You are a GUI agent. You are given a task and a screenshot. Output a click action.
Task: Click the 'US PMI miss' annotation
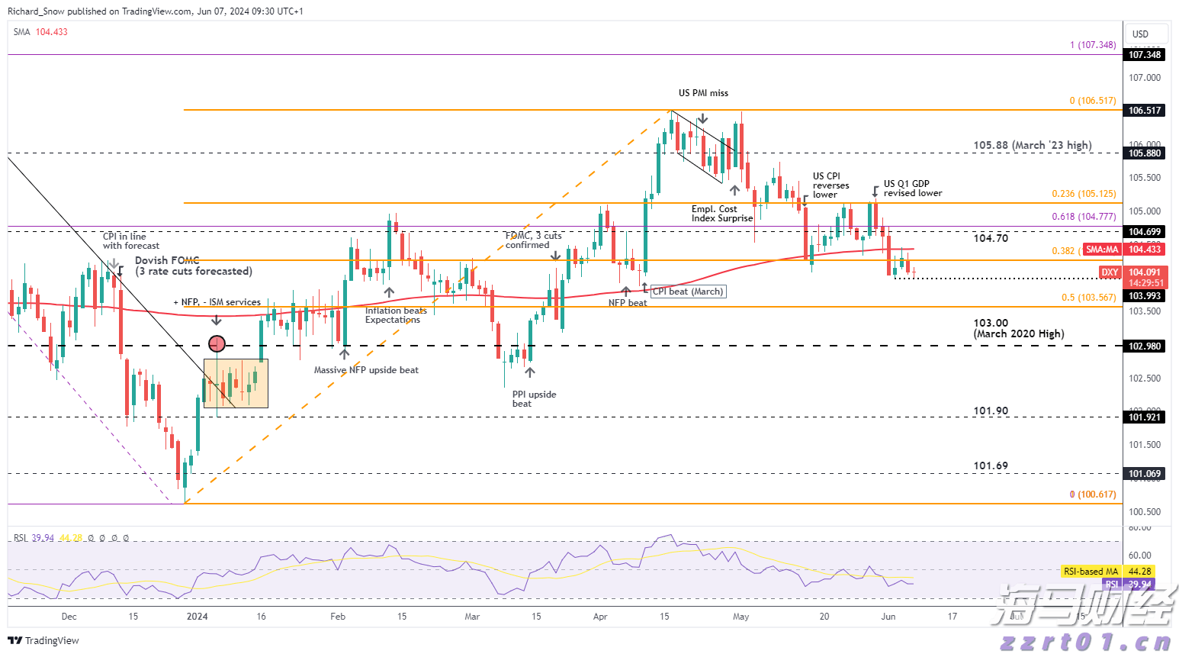(x=703, y=93)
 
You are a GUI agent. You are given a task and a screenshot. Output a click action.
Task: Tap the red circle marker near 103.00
(x=217, y=343)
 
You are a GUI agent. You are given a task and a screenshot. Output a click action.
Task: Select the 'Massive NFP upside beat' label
(x=366, y=370)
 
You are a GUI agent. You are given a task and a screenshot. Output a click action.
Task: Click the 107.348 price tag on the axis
(x=1145, y=55)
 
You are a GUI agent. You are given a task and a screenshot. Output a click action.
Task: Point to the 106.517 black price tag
(x=1145, y=111)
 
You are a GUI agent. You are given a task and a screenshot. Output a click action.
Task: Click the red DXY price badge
(x=1110, y=272)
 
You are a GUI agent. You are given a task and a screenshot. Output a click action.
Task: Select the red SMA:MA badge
(x=1102, y=250)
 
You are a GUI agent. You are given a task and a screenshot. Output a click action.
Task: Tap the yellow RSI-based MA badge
(x=1091, y=572)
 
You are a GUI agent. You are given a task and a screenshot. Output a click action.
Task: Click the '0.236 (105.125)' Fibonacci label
(x=1084, y=194)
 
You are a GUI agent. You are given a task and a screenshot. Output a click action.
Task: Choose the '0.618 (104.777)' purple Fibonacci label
(x=1084, y=217)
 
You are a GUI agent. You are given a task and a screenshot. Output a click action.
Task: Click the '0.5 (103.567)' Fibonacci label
(x=1088, y=298)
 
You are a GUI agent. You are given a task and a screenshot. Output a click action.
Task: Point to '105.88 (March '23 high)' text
(x=1032, y=145)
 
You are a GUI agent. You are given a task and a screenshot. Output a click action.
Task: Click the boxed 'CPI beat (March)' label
(x=687, y=292)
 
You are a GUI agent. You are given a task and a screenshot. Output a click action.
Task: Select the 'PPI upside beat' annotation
(x=534, y=399)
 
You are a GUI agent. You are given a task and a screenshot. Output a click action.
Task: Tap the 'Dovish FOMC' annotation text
(x=167, y=261)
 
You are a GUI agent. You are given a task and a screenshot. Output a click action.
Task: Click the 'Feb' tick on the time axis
(x=338, y=617)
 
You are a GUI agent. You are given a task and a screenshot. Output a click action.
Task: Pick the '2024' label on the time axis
(x=197, y=617)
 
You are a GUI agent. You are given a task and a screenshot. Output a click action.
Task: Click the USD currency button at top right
(x=1140, y=34)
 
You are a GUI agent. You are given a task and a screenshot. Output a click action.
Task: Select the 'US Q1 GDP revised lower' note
(x=912, y=188)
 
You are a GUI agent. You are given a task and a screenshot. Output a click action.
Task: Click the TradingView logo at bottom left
(x=43, y=641)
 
